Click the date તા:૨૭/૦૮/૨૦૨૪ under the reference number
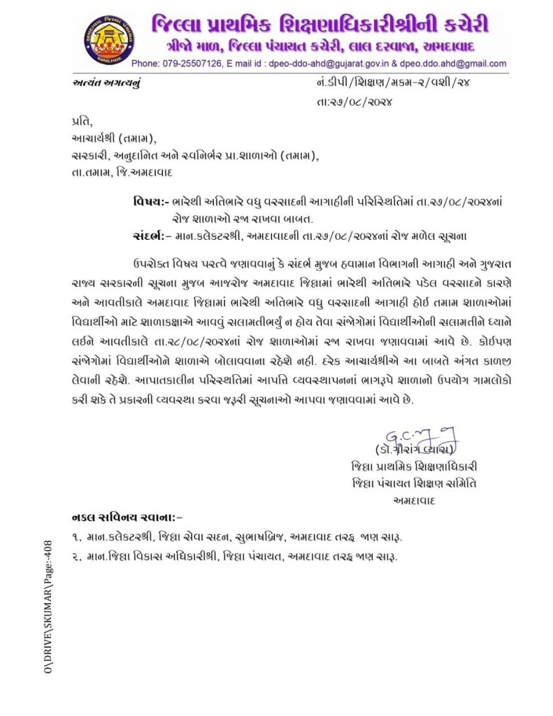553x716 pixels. pos(354,102)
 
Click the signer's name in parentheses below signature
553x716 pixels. pos(416,448)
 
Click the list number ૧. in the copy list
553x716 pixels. pos(77,537)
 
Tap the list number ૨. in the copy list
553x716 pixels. pos(77,557)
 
